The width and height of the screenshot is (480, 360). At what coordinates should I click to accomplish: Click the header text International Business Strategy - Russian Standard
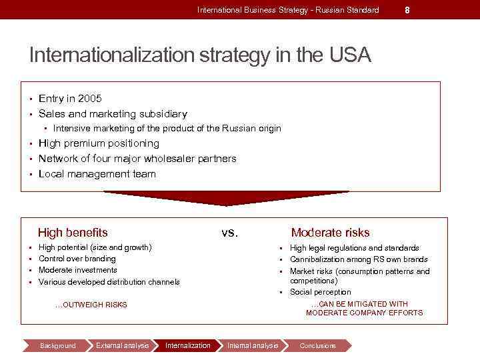pyautogui.click(x=288, y=10)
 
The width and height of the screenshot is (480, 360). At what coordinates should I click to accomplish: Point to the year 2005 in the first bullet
pyautogui.click(x=90, y=99)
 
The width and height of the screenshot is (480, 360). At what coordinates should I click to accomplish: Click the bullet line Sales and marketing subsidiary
pyautogui.click(x=113, y=114)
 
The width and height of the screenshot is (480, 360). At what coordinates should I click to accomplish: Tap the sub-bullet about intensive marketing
pyautogui.click(x=167, y=128)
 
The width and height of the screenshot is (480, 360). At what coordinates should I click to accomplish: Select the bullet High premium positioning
pyautogui.click(x=99, y=143)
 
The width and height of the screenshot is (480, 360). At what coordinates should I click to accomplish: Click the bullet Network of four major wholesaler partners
pyautogui.click(x=137, y=159)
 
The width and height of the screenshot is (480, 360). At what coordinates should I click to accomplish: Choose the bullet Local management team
pyautogui.click(x=97, y=174)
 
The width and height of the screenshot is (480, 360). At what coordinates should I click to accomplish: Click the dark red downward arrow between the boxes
pyautogui.click(x=227, y=198)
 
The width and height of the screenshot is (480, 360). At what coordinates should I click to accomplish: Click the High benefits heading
pyautogui.click(x=73, y=233)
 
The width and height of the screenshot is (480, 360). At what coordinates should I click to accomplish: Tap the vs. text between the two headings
pyautogui.click(x=229, y=233)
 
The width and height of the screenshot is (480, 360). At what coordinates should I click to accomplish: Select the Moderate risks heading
pyautogui.click(x=330, y=233)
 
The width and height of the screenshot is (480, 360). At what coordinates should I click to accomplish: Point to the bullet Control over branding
pyautogui.click(x=77, y=259)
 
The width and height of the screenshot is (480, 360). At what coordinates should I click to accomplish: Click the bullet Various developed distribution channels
pyautogui.click(x=109, y=282)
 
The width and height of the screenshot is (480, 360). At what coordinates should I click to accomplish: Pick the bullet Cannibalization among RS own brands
pyautogui.click(x=359, y=259)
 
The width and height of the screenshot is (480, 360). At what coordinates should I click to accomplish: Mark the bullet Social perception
pyautogui.click(x=320, y=292)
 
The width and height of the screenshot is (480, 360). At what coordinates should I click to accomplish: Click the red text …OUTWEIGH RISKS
pyautogui.click(x=91, y=305)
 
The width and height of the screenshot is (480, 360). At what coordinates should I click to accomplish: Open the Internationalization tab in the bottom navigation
pyautogui.click(x=187, y=345)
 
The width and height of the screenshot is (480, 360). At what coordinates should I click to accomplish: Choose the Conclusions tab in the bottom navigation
pyautogui.click(x=318, y=345)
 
